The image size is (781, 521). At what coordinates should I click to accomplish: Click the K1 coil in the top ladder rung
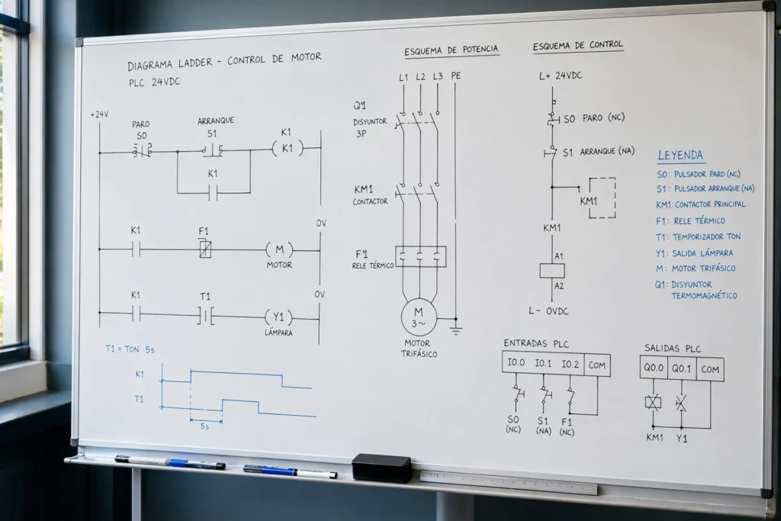(x=288, y=149)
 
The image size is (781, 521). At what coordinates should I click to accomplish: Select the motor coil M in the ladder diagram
(x=279, y=249)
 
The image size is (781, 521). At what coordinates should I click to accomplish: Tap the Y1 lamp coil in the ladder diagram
(x=278, y=317)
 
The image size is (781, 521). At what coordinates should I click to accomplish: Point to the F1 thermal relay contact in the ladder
(x=204, y=249)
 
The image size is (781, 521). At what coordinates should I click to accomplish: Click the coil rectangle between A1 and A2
(x=552, y=271)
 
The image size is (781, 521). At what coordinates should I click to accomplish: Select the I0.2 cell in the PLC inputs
(x=570, y=364)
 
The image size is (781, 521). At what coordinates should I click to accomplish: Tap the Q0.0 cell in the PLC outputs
(x=654, y=368)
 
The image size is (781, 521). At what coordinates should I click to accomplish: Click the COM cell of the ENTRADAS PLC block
(x=596, y=365)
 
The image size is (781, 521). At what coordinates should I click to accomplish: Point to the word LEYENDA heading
(x=680, y=156)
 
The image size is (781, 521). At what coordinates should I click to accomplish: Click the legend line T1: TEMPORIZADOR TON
(x=698, y=237)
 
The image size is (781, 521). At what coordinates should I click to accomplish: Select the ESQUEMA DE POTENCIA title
(x=452, y=50)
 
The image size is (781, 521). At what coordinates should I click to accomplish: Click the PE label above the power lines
(x=456, y=76)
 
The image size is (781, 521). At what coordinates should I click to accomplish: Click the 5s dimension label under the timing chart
(x=204, y=426)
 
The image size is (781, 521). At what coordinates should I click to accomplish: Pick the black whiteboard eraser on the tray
(x=381, y=468)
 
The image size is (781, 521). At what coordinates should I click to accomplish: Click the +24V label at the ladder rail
(x=99, y=114)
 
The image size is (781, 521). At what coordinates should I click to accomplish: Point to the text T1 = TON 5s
(x=130, y=349)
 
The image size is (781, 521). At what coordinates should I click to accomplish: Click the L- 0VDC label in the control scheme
(x=548, y=310)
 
